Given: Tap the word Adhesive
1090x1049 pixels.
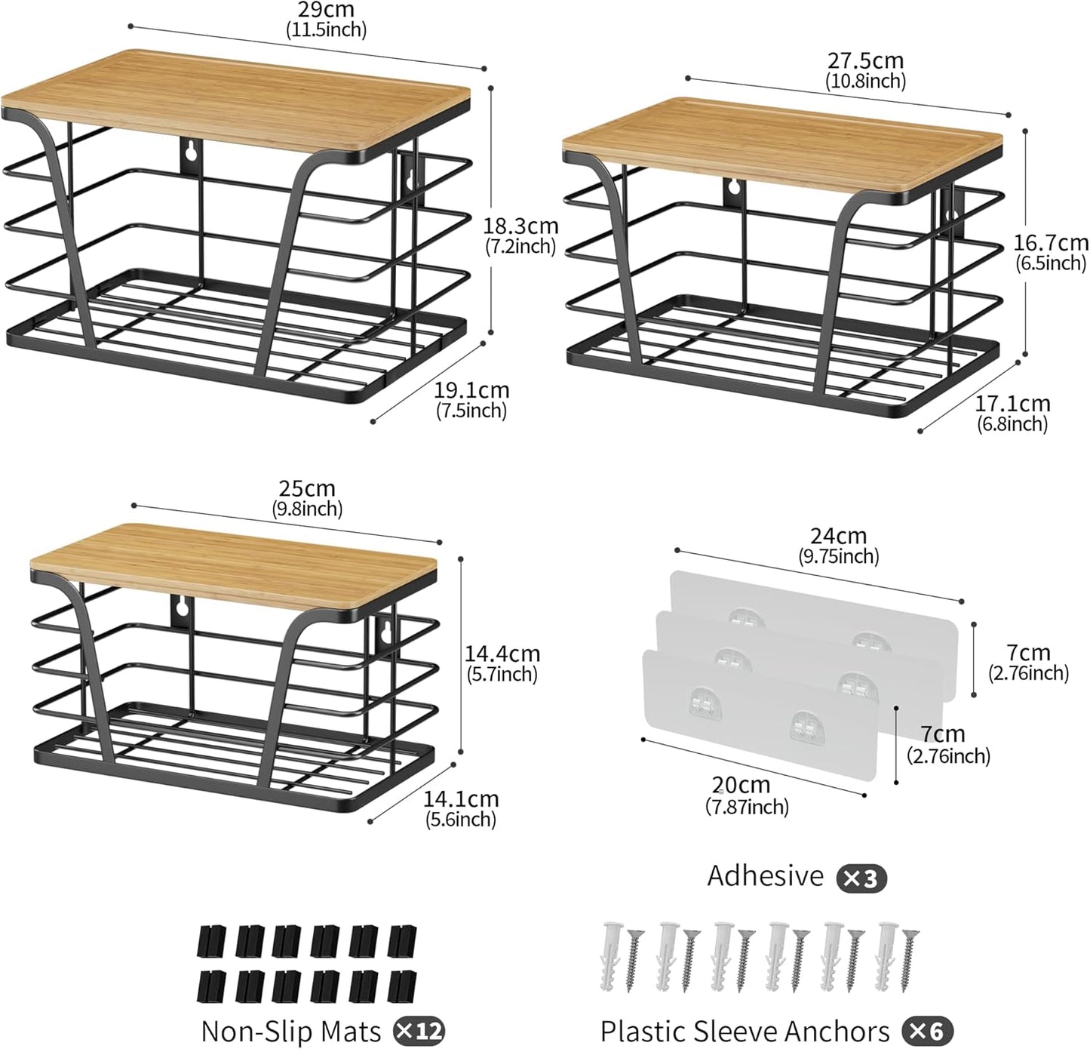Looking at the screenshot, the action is [x=765, y=875].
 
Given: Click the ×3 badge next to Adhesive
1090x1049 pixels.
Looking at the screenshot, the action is [x=861, y=878].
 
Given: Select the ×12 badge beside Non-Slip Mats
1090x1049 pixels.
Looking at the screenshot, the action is [x=419, y=1030].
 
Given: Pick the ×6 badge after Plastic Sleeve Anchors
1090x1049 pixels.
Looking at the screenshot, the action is [x=928, y=1030].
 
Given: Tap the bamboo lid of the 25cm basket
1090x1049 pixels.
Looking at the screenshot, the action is [x=233, y=566].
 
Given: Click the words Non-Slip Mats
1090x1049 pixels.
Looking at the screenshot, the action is [x=290, y=1030].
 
